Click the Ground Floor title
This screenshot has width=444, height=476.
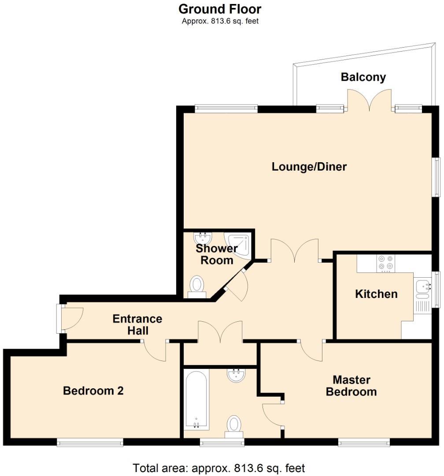point(220,9)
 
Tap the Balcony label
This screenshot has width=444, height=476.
point(363,77)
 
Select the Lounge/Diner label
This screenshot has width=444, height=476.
point(309,167)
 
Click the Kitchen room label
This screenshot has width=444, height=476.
point(376,294)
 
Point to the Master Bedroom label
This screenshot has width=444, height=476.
point(351,386)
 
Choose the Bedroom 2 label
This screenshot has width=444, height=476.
point(93,390)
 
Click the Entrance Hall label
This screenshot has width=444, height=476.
point(137,324)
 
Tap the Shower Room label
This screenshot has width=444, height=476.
point(217,254)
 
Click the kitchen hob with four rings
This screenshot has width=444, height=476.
point(386,264)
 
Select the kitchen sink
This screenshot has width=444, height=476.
point(423,286)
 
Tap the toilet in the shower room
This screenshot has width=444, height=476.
point(197,285)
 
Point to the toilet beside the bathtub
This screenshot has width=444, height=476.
point(234,426)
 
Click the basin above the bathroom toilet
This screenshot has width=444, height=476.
point(237,375)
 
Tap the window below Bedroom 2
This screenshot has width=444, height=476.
point(90,442)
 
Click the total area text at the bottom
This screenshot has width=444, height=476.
point(219,468)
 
